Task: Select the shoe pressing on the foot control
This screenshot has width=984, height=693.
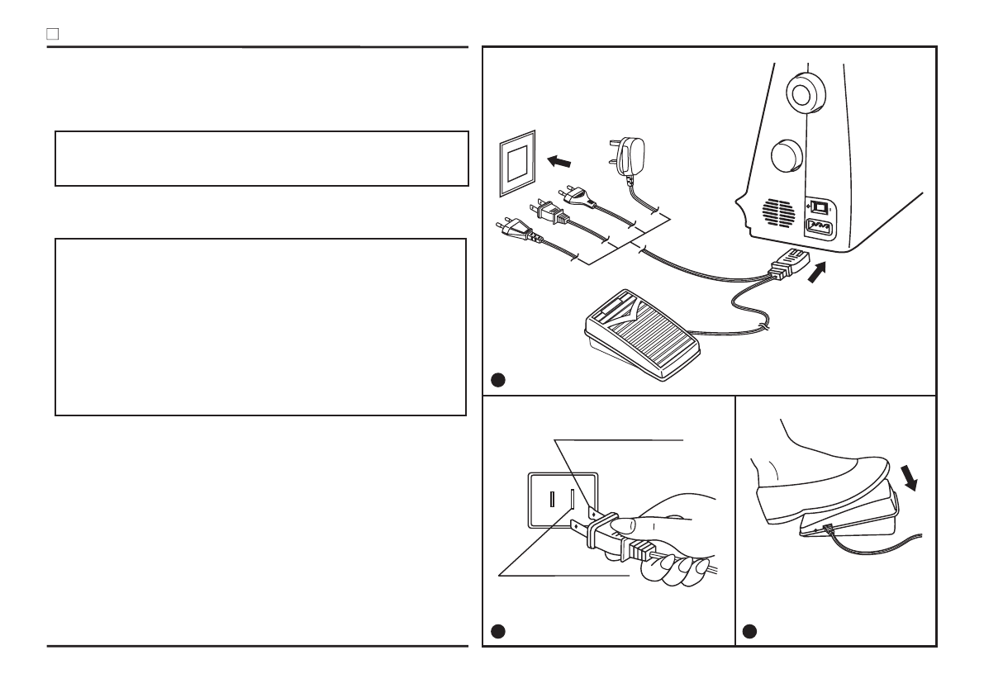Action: pos(818,479)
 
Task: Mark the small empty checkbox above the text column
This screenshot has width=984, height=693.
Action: pos(51,36)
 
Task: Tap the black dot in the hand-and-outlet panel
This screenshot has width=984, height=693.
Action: pos(497,631)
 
